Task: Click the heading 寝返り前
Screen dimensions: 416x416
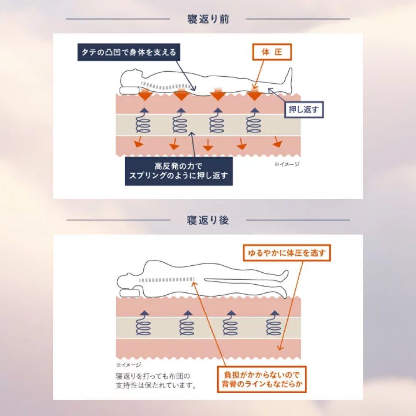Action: [208, 19]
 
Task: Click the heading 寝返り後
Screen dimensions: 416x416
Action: [208, 220]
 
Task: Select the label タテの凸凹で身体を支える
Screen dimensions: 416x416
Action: [129, 52]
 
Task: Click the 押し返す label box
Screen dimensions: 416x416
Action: [304, 110]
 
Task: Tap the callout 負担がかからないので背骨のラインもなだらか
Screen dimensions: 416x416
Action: [261, 379]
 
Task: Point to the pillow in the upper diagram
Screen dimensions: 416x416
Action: [128, 90]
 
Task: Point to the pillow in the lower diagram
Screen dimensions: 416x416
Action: [129, 292]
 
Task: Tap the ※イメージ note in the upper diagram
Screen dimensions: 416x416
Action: [287, 164]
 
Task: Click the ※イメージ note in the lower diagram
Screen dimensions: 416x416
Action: [128, 364]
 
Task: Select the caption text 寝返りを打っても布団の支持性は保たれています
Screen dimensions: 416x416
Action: [156, 381]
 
